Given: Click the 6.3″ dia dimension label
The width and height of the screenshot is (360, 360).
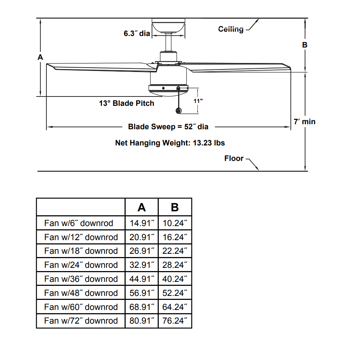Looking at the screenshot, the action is pos(137,33).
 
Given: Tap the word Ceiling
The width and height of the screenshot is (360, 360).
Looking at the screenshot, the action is pos(231,29).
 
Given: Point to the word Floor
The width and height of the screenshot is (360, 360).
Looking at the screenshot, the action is pos(234,158).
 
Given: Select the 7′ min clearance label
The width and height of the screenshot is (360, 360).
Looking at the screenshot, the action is pos(305,121).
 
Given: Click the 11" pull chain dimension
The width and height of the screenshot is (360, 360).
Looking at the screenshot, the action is pos(198,101).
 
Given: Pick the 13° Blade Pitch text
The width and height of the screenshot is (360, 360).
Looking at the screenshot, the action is pos(126,103).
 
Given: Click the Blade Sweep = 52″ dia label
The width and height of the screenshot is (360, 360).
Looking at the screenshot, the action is pos(168,126).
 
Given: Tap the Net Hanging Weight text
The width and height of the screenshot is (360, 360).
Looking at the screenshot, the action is pos(170,143).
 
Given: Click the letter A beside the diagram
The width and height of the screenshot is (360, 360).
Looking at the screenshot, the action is pos(40,57).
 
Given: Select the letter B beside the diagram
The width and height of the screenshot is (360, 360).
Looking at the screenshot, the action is pos(305,45).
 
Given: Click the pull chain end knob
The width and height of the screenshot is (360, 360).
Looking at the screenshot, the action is pos(179,111).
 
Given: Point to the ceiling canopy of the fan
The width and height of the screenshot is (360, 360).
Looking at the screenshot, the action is pos(168,25).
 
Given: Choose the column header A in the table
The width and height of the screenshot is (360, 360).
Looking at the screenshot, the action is pos(141,207).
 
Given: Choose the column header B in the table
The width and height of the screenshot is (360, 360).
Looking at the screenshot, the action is pos(175,207).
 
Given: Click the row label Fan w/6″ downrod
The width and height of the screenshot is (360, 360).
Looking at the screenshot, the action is pos(78,223).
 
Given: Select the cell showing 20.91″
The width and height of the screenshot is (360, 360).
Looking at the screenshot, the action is pos(141,237).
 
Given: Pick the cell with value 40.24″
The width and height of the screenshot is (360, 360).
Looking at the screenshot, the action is pos(175,279).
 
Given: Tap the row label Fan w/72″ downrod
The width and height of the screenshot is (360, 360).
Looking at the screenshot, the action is pos(81,321).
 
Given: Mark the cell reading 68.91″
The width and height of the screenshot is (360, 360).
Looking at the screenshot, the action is pos(141,307).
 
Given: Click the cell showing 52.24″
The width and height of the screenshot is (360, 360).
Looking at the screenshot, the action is pos(175,293).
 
